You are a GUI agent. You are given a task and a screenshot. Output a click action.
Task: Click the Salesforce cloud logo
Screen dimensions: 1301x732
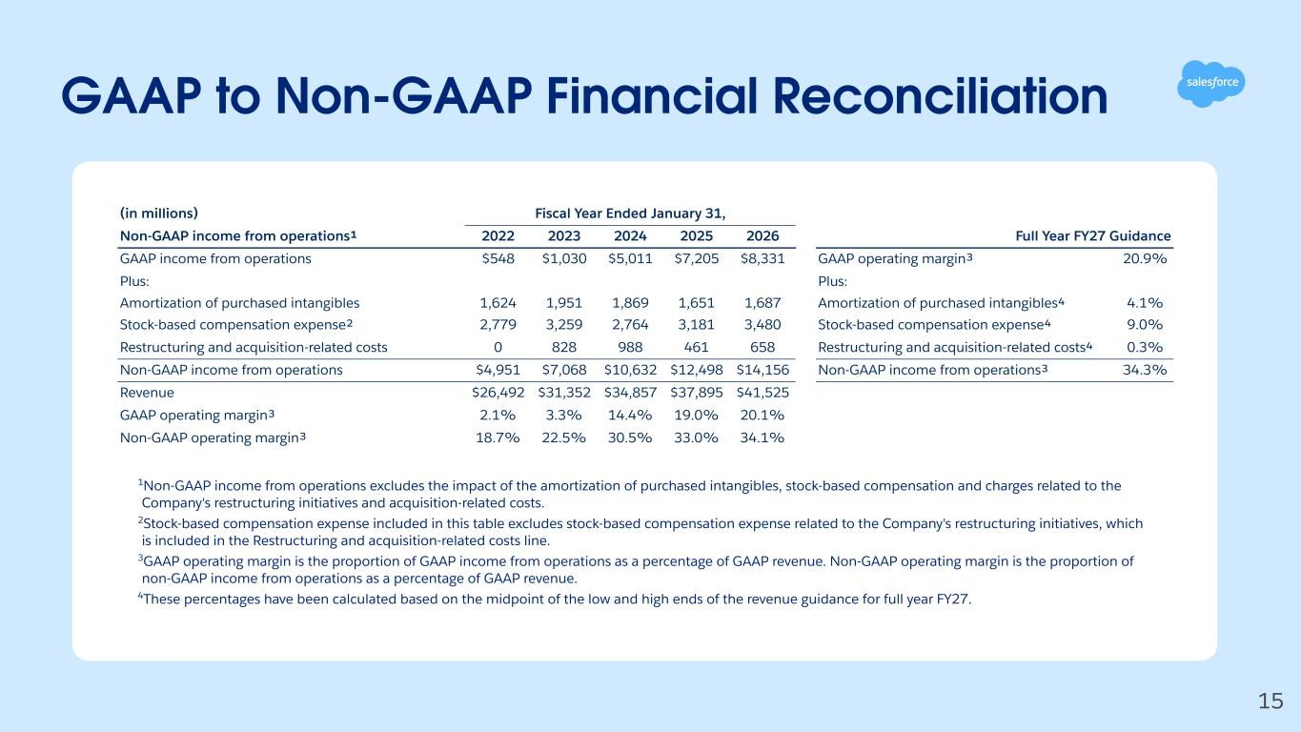pyautogui.click(x=1211, y=84)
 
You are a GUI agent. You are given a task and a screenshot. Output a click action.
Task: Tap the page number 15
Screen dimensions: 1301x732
pyautogui.click(x=1271, y=701)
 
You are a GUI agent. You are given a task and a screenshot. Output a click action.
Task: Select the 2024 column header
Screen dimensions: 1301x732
pyautogui.click(x=630, y=235)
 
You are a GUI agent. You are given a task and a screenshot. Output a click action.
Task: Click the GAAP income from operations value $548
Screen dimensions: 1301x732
pyautogui.click(x=498, y=258)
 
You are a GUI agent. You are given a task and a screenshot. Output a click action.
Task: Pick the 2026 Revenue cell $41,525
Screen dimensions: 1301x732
pyautogui.click(x=762, y=393)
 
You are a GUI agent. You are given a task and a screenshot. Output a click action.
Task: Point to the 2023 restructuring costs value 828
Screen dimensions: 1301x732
pyautogui.click(x=564, y=347)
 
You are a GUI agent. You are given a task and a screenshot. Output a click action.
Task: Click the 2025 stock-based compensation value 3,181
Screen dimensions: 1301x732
pyautogui.click(x=697, y=325)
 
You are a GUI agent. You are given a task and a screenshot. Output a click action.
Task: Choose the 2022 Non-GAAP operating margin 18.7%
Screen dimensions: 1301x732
pyautogui.click(x=498, y=437)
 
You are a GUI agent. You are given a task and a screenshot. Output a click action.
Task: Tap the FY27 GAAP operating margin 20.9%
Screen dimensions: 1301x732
pyautogui.click(x=1145, y=258)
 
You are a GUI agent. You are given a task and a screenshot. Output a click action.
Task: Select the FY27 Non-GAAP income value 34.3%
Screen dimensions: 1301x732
pyautogui.click(x=1145, y=370)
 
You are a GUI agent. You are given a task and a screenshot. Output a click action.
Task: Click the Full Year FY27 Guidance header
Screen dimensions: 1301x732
pyautogui.click(x=1093, y=235)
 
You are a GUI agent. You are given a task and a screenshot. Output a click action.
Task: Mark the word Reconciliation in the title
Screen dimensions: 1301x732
pyautogui.click(x=941, y=96)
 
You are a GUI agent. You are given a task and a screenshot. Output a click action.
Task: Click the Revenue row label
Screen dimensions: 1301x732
pyautogui.click(x=147, y=393)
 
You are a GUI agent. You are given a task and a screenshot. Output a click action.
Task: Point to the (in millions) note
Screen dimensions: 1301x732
pyautogui.click(x=158, y=213)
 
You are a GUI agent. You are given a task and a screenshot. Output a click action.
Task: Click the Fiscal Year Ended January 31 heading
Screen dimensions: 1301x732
pyautogui.click(x=630, y=213)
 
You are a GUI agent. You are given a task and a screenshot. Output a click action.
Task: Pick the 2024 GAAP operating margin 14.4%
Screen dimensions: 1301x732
pyautogui.click(x=630, y=416)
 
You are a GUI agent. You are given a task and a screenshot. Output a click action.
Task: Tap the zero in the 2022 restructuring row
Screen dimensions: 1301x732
pyautogui.click(x=498, y=347)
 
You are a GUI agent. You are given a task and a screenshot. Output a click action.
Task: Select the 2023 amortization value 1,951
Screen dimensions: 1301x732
pyautogui.click(x=564, y=303)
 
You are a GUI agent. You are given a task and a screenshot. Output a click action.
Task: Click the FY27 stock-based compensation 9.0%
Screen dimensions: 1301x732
pyautogui.click(x=1145, y=325)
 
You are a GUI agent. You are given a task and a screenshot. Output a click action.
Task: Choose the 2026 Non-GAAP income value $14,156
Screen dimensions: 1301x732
pyautogui.click(x=762, y=370)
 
